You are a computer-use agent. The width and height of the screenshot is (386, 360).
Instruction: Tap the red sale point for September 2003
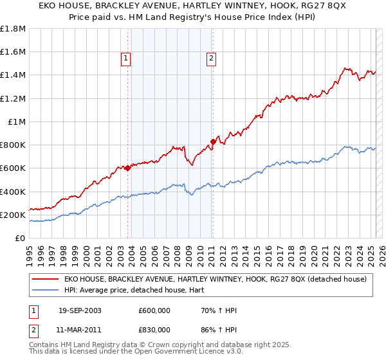[x=127, y=168]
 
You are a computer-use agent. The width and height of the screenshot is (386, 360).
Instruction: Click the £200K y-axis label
[x=13, y=215]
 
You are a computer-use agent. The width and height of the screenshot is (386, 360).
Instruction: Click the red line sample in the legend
[x=46, y=279]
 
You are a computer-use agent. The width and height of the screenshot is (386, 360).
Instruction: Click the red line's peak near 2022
[x=346, y=68]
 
